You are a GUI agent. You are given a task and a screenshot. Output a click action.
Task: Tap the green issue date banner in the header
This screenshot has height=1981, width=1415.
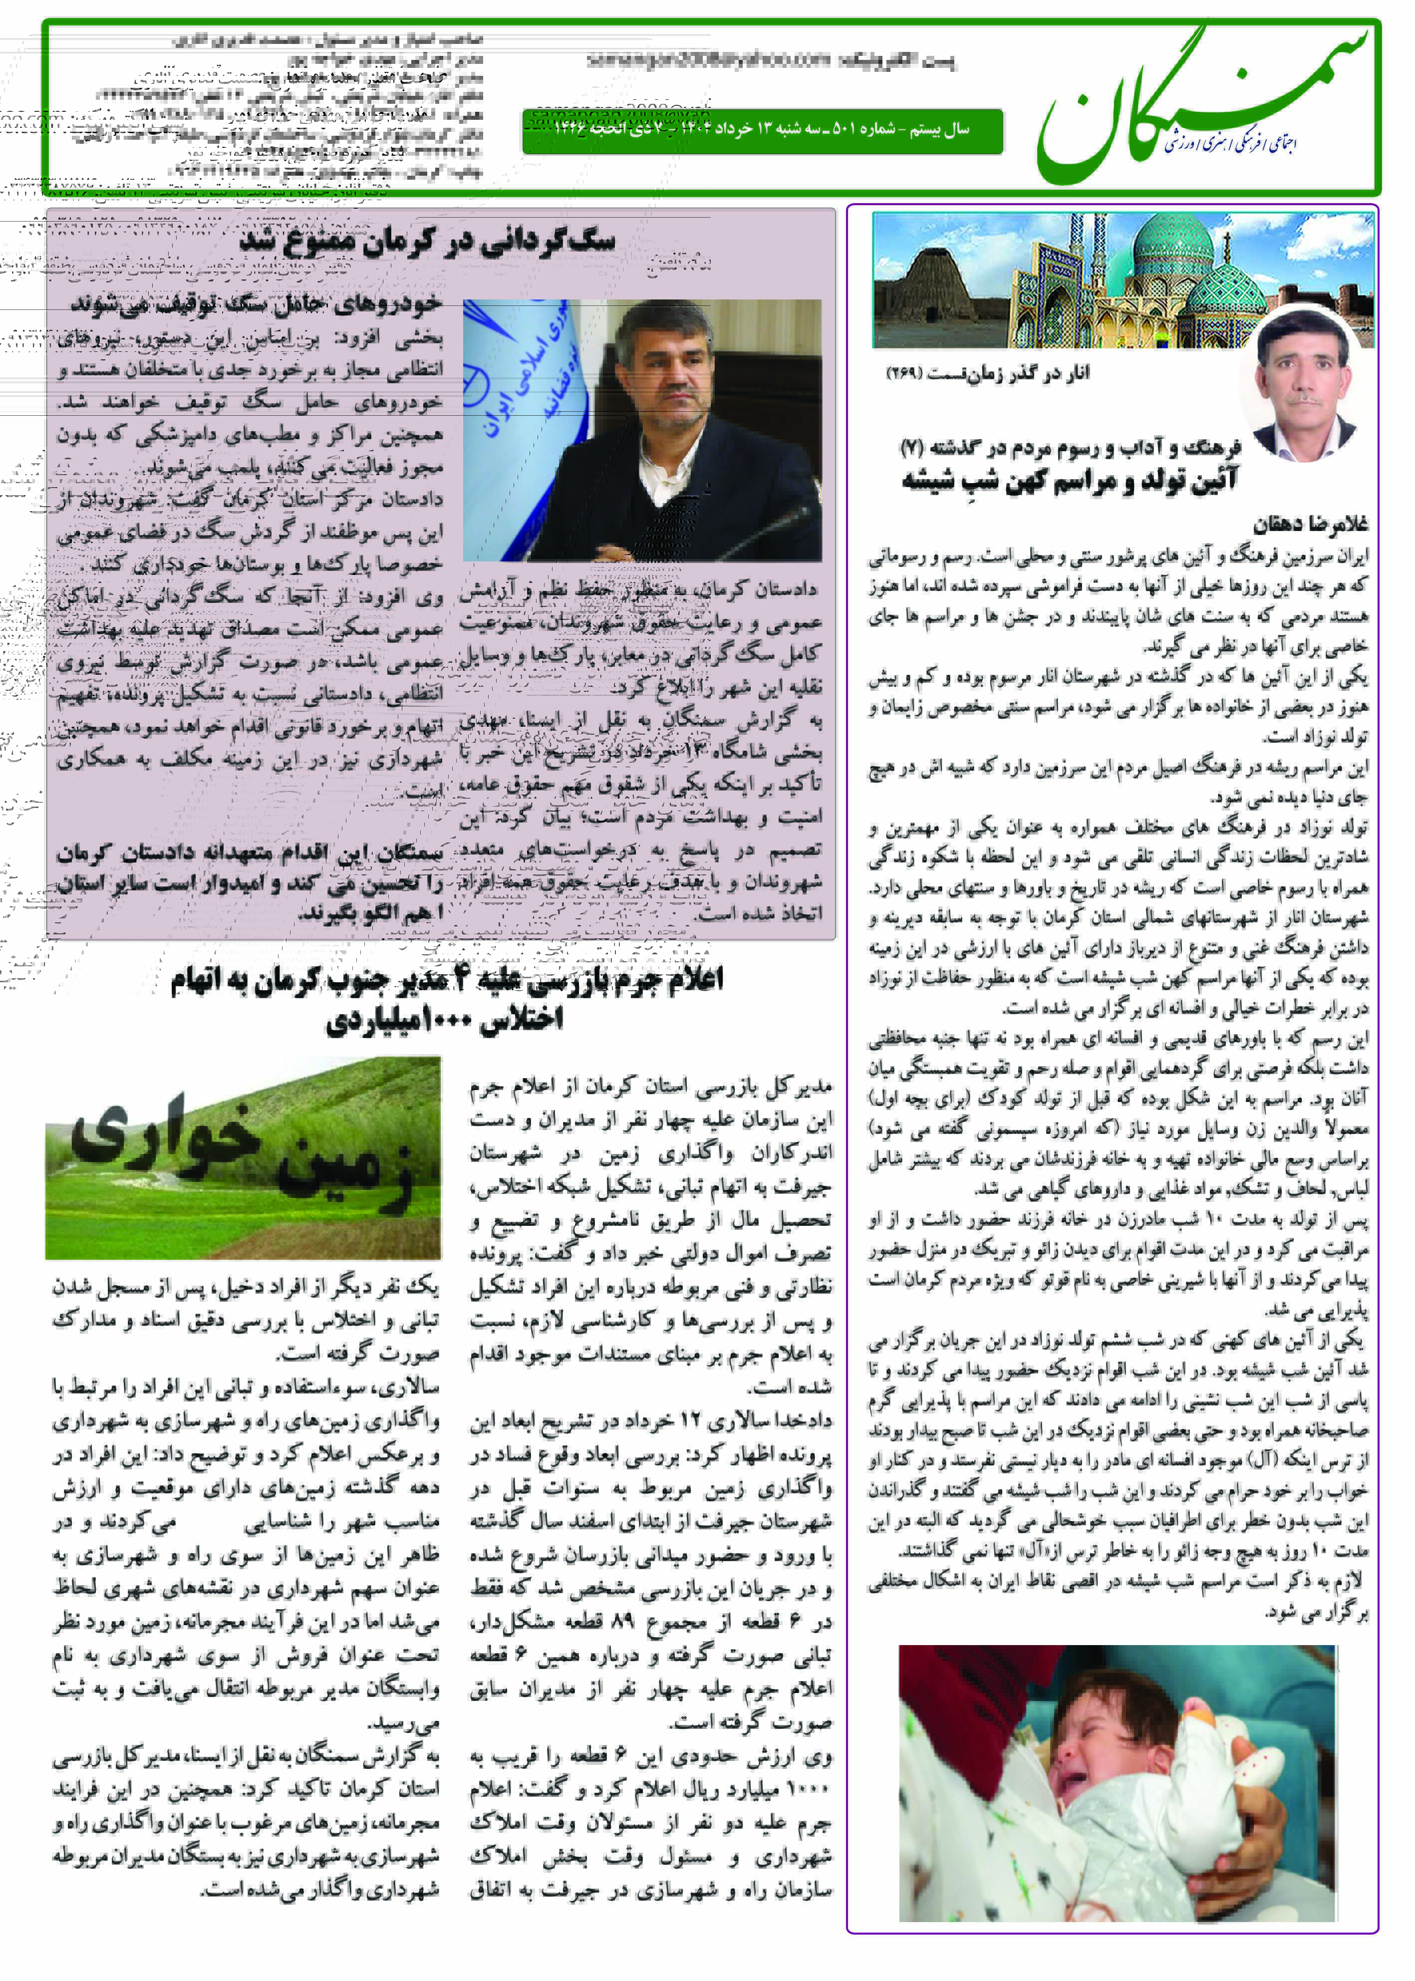[x=762, y=131]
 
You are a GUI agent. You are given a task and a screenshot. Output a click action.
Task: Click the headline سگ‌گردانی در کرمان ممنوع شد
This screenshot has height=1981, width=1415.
[x=427, y=241]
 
